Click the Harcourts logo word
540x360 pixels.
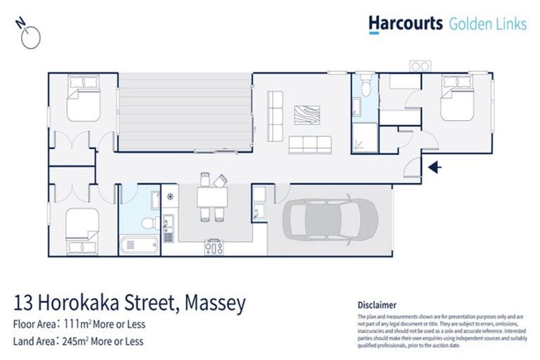click(406, 24)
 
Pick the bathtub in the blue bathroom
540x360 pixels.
click(141, 246)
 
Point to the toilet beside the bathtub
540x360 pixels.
click(149, 223)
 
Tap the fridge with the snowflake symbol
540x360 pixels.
click(169, 197)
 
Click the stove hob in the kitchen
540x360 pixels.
click(214, 246)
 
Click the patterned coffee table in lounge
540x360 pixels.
click(307, 115)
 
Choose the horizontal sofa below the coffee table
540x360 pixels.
click(309, 144)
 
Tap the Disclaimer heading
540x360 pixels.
click(377, 305)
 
